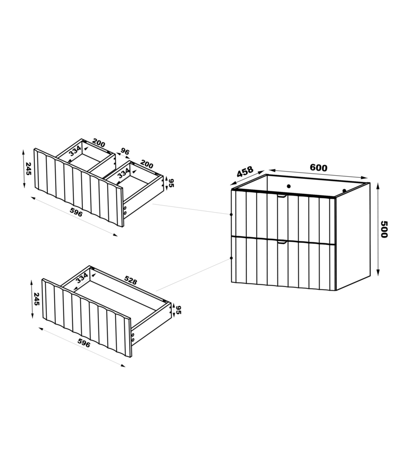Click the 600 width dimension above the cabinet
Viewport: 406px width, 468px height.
tap(319, 168)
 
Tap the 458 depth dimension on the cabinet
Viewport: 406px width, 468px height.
tap(245, 172)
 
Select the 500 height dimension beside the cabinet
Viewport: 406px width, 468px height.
tap(384, 229)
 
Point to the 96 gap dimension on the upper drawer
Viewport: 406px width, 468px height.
tap(125, 152)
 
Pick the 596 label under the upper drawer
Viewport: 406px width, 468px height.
tap(76, 212)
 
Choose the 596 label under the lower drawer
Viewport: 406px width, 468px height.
tap(84, 344)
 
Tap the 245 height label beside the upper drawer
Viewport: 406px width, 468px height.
tap(29, 168)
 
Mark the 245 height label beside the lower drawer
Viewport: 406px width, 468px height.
tap(36, 299)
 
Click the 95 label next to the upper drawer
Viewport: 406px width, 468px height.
tap(171, 183)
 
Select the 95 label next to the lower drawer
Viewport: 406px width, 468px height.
tap(179, 310)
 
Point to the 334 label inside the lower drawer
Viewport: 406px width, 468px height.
tap(82, 278)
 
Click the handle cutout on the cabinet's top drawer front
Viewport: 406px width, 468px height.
tap(282, 196)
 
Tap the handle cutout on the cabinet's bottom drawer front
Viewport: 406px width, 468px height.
tap(282, 242)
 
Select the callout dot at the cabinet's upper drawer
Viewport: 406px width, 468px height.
tap(231, 214)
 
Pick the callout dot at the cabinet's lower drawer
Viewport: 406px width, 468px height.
tap(231, 258)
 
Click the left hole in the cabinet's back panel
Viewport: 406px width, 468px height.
tap(288, 186)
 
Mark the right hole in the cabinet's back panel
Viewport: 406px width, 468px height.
tap(344, 190)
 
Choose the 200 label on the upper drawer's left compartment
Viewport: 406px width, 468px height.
tap(98, 143)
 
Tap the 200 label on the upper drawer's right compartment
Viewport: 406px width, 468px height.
tap(147, 164)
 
